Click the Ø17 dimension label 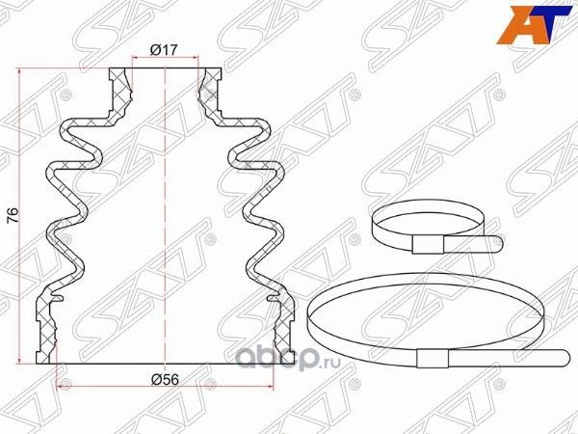point(162,51)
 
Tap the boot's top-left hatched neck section point(119,87)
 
